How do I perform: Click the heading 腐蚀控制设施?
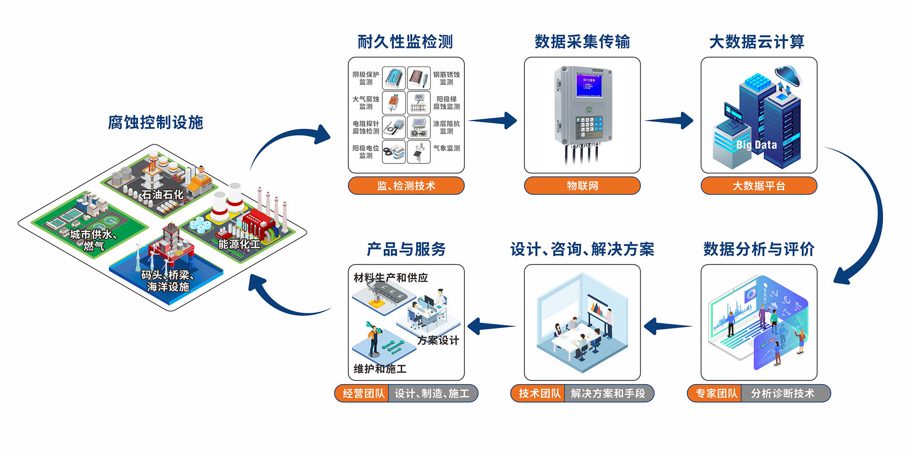pyautogui.click(x=156, y=123)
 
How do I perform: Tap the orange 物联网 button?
pyautogui.click(x=582, y=186)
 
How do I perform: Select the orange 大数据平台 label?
pyautogui.click(x=759, y=186)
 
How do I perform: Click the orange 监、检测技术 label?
pyautogui.click(x=406, y=186)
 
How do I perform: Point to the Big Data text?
pyautogui.click(x=756, y=145)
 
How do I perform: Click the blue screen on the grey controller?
pyautogui.click(x=589, y=86)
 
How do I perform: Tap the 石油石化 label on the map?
pyautogui.click(x=162, y=194)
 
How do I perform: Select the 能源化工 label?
pyautogui.click(x=239, y=244)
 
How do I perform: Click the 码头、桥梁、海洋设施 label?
pyautogui.click(x=168, y=281)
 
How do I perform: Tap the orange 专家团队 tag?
pyautogui.click(x=716, y=394)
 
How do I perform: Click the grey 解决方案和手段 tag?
pyautogui.click(x=608, y=394)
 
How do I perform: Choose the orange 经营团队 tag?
pyautogui.click(x=363, y=394)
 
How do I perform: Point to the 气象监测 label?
pyautogui.click(x=447, y=148)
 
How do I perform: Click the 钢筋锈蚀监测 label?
pyautogui.click(x=447, y=78)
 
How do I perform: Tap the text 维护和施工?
pyautogui.click(x=380, y=369)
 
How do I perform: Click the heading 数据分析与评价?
pyautogui.click(x=759, y=249)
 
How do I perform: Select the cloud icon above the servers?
pyautogui.click(x=788, y=75)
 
